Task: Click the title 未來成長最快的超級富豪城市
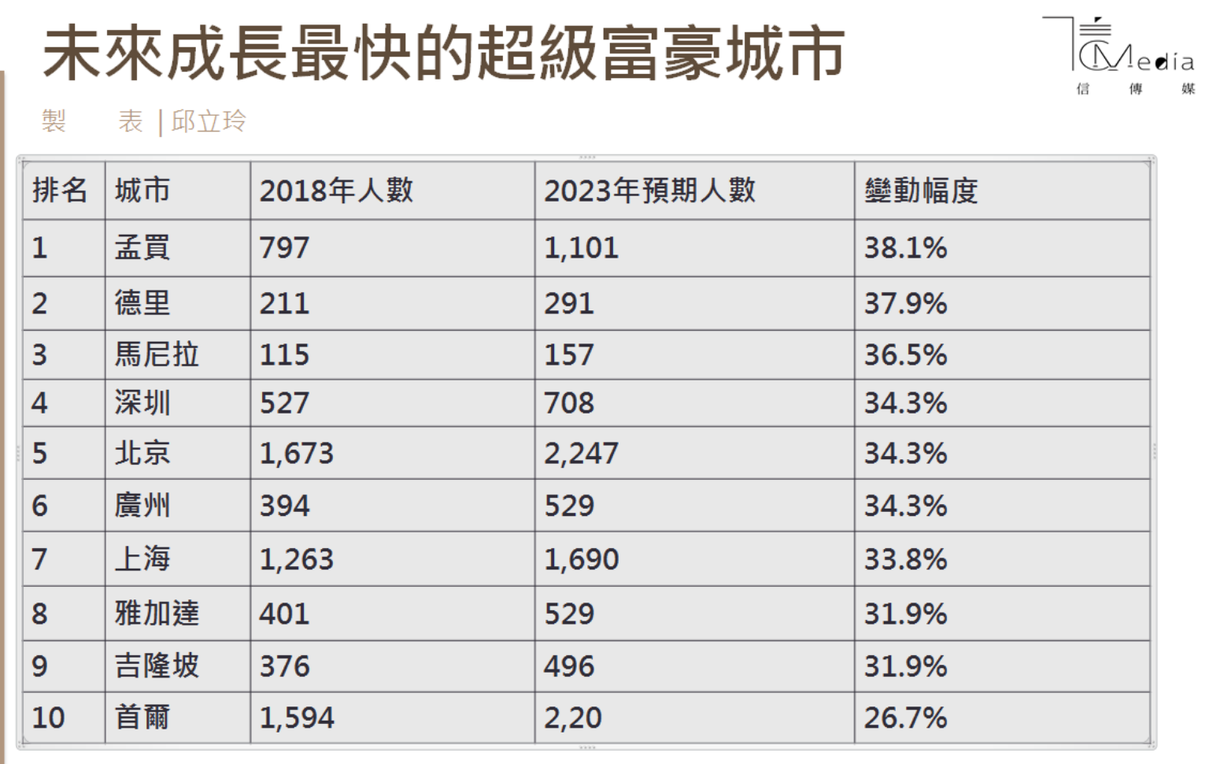click(444, 54)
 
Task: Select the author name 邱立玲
click(209, 121)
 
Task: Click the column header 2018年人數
click(336, 191)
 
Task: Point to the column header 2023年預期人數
click(649, 191)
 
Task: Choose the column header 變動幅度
click(921, 191)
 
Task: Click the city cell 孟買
click(142, 248)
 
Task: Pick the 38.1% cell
click(905, 248)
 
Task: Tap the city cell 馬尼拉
click(157, 354)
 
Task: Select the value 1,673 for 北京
click(297, 453)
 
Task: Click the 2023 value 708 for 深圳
click(569, 403)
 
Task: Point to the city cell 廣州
click(142, 505)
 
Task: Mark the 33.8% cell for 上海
click(905, 559)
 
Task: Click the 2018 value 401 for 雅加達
click(285, 614)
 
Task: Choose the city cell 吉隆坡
click(157, 666)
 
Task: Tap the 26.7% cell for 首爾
click(905, 718)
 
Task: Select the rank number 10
click(48, 718)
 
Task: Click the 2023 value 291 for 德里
click(569, 303)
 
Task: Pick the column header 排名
click(60, 191)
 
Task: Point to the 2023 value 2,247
click(581, 453)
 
